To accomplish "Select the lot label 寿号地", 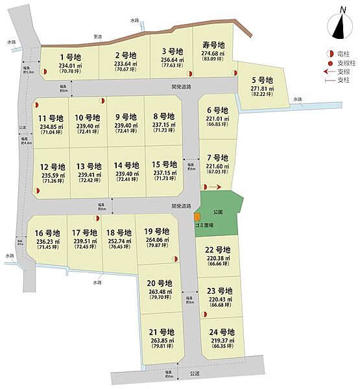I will [213, 45].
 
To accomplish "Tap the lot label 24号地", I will [221, 332].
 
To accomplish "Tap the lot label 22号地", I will [219, 250].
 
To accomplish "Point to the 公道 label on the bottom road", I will [195, 374].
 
